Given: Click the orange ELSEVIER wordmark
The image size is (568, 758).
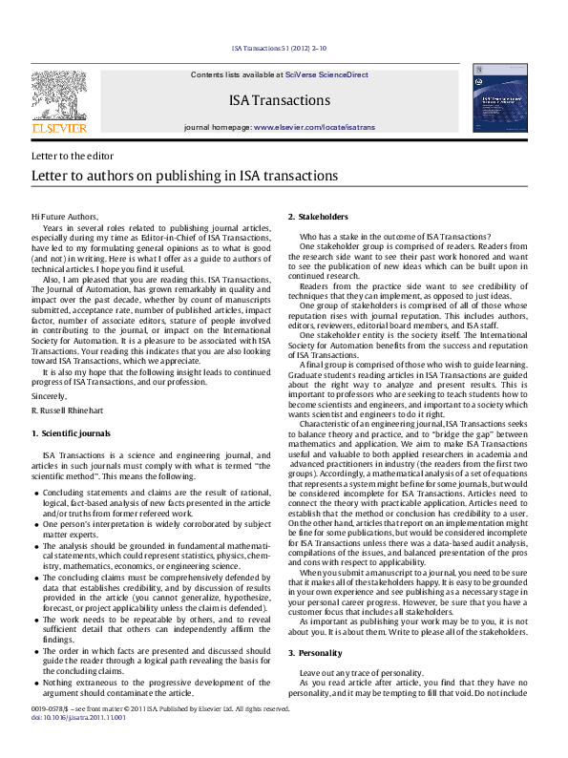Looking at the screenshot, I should click(59, 126).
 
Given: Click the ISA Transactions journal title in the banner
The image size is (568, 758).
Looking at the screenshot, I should click(280, 100).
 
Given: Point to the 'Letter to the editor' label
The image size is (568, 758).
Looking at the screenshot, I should click(73, 156).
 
